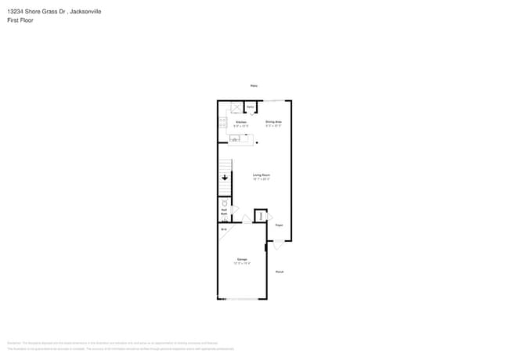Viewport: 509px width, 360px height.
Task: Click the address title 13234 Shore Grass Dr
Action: [55, 12]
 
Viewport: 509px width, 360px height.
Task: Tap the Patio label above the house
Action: [254, 85]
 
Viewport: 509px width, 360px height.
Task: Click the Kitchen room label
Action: [241, 122]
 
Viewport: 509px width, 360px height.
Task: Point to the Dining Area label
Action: [273, 122]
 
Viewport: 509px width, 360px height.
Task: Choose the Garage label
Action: [242, 259]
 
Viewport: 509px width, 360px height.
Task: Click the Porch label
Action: [280, 272]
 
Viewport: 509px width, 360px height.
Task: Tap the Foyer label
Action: [278, 225]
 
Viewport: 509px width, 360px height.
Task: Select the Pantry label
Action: [251, 106]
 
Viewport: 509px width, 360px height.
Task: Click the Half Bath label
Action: [224, 211]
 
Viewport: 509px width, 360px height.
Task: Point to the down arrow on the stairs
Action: [225, 178]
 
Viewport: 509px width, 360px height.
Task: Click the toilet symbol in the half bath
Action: [225, 203]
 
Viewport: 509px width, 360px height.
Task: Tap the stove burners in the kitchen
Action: [222, 123]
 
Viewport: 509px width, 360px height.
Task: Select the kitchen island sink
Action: [235, 139]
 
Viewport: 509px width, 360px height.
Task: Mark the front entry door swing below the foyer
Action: [278, 245]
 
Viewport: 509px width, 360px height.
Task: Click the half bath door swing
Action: [234, 210]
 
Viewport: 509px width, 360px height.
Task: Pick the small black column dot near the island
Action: [257, 142]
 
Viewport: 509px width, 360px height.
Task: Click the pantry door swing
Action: [251, 113]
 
